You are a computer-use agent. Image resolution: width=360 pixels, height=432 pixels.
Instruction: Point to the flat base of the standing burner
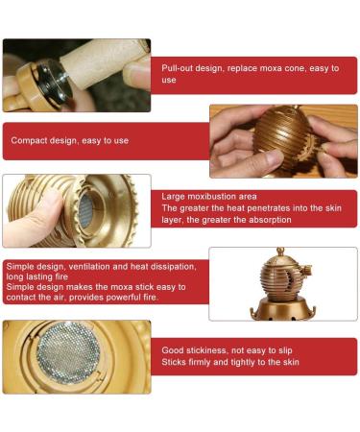[x=280, y=310]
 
